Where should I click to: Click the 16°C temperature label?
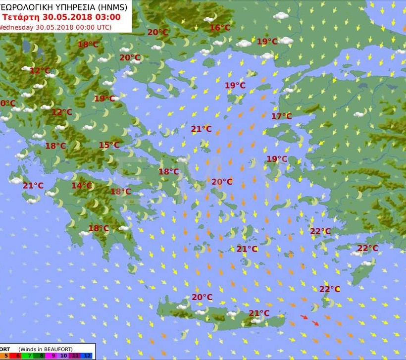220,28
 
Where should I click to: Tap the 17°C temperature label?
281,116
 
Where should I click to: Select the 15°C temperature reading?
109,145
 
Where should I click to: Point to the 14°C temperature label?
82,186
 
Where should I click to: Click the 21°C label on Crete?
259,313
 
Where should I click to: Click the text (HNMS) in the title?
112,6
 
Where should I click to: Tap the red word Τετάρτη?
19,16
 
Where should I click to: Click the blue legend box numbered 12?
87,356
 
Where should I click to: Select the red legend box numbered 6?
17,356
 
